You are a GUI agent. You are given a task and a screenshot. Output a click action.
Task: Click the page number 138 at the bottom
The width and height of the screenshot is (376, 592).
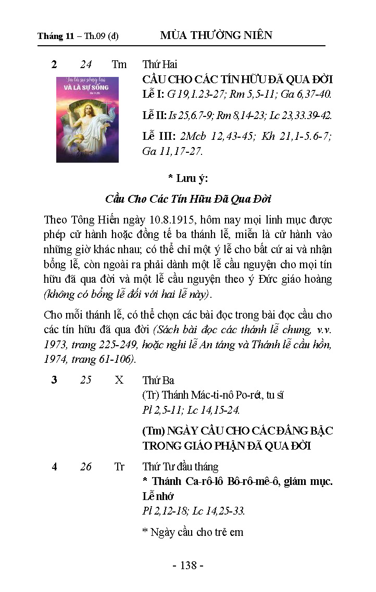tap(187, 565)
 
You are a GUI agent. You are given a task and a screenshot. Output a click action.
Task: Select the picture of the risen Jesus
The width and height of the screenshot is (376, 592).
tap(87, 120)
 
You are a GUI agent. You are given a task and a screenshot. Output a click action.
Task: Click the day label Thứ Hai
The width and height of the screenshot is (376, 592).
tap(160, 64)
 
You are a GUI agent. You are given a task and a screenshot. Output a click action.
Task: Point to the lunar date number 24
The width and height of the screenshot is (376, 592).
tap(86, 64)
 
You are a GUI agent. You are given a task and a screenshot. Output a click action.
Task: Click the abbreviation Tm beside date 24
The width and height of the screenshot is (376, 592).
tap(119, 64)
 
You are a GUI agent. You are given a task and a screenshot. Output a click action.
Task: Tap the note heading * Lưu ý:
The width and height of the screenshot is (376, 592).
tap(187, 179)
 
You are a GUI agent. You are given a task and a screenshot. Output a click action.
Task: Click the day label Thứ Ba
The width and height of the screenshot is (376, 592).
tap(158, 380)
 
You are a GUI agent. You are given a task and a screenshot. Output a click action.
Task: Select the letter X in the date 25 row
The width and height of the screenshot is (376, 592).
tap(119, 380)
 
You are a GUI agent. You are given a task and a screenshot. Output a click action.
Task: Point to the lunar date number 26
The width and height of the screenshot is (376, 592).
tap(86, 467)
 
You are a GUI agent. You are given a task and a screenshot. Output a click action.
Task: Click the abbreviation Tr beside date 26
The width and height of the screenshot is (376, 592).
tap(119, 467)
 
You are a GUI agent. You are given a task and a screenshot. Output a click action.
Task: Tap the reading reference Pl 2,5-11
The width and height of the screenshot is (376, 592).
tap(161, 410)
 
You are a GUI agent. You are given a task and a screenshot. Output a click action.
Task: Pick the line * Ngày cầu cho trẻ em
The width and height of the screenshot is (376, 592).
tap(193, 532)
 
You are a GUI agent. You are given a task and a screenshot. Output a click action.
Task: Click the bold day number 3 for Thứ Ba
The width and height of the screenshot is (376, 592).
tap(54, 380)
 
